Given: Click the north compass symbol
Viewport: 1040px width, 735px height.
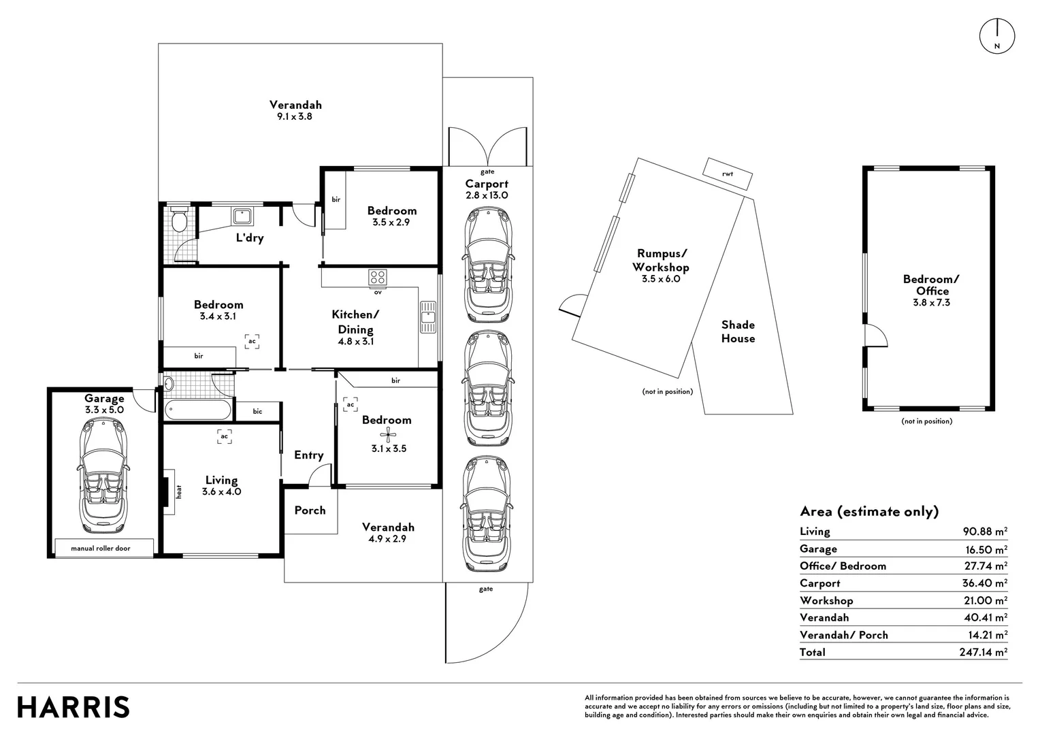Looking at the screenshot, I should tap(996, 36).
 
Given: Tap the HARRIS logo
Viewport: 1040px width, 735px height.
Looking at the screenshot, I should tap(74, 707).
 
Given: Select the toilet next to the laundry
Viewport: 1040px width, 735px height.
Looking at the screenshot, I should tap(179, 220).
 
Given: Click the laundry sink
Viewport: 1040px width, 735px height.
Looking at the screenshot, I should tap(242, 216).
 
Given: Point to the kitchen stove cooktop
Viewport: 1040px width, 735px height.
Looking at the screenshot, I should tap(378, 278).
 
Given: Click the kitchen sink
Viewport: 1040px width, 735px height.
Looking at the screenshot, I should tap(427, 317).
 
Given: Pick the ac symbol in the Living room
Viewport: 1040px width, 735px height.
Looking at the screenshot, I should tap(224, 436).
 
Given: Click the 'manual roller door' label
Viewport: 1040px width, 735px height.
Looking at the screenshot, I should tap(101, 548).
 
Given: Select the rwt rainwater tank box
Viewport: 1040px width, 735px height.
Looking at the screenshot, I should tap(728, 174).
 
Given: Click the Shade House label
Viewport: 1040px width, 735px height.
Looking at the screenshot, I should tap(738, 331).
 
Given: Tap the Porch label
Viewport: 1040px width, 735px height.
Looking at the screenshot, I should tap(310, 510).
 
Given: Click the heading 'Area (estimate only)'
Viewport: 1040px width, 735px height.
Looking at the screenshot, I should tap(869, 511).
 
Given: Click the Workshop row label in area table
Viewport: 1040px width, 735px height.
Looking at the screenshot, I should tap(826, 600).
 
